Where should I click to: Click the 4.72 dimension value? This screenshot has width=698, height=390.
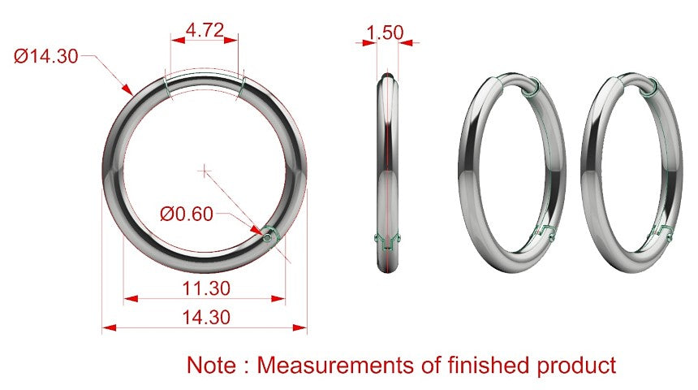click(205, 30)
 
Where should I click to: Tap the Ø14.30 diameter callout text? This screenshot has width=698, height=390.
click(45, 56)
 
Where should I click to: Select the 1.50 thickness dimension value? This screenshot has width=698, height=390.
click(385, 32)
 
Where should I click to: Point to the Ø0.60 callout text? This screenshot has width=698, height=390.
click(187, 214)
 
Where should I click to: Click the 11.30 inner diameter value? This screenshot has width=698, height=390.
click(206, 288)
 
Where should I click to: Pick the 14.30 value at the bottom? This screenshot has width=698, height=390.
click(206, 318)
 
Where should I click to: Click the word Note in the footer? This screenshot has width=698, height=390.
click(211, 365)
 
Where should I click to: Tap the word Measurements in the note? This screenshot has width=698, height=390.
click(336, 365)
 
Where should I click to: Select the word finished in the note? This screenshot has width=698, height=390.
click(489, 365)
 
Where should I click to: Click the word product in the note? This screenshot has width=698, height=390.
click(576, 366)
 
